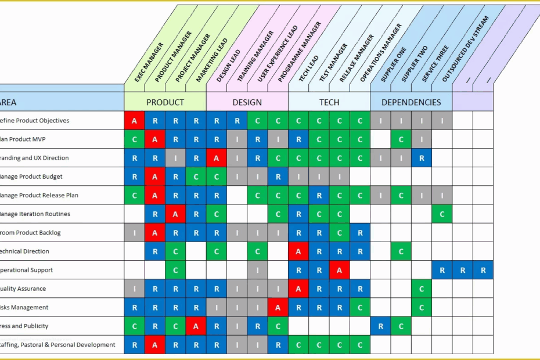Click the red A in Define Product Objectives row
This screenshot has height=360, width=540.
click(x=134, y=121)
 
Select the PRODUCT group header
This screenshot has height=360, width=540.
click(x=165, y=102)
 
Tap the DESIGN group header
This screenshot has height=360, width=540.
click(x=247, y=102)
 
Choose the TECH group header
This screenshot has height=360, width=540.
click(x=329, y=102)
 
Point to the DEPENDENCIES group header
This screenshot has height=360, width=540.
click(x=411, y=102)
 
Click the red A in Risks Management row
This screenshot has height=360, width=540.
click(x=278, y=308)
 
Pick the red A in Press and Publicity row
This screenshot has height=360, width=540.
click(x=196, y=326)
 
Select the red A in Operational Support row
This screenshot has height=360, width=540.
click(x=340, y=270)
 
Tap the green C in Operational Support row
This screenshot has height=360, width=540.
click(x=175, y=270)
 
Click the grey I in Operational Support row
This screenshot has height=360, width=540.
click(x=257, y=270)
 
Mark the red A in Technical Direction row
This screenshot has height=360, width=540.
click(x=298, y=251)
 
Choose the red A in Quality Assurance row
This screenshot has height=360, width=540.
click(x=298, y=289)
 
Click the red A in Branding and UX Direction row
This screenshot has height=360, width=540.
click(x=217, y=158)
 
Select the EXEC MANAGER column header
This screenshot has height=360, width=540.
click(x=149, y=62)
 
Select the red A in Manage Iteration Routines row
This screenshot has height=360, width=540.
click(x=175, y=214)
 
